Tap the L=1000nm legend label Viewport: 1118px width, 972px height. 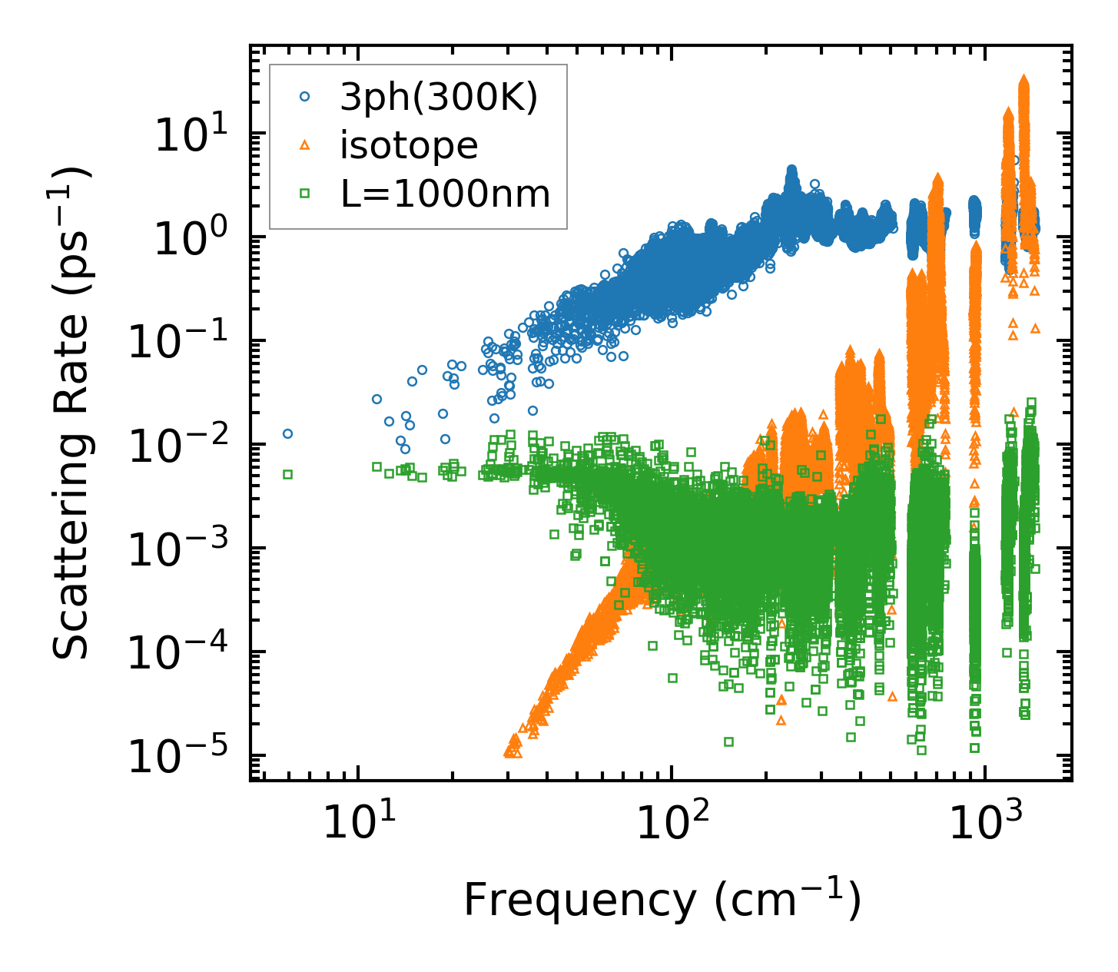446,194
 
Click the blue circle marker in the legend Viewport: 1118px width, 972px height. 305,97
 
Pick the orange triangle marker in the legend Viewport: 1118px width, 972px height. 305,144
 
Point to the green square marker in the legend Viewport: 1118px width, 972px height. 305,194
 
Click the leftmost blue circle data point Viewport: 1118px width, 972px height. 287,433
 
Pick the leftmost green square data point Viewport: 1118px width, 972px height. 287,474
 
